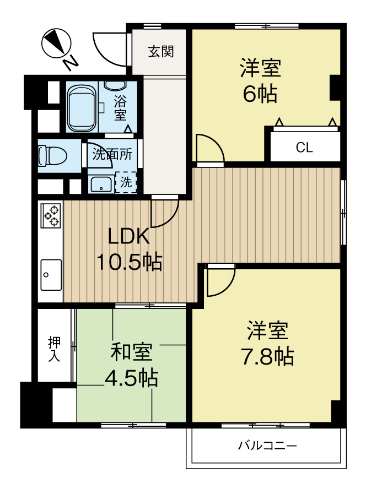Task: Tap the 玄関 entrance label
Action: click(x=161, y=52)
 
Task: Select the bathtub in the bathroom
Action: click(x=82, y=107)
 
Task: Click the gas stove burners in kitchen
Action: click(x=51, y=215)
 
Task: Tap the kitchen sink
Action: click(x=51, y=274)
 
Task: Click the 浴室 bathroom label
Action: click(x=120, y=108)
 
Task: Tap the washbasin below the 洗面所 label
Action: click(x=101, y=184)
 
